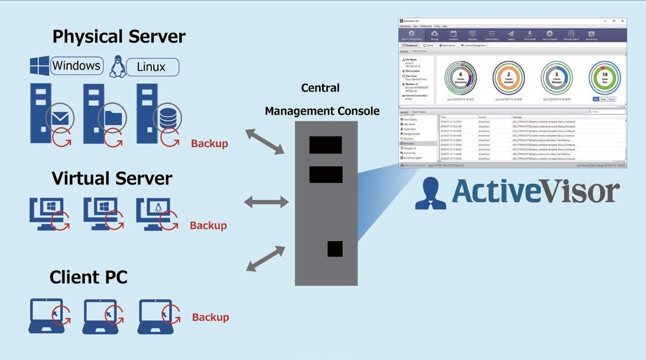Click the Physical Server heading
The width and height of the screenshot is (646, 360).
click(119, 37)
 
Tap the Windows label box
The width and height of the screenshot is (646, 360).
click(76, 66)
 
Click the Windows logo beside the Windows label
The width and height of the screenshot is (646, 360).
click(40, 66)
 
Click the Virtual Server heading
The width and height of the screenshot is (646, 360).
click(112, 179)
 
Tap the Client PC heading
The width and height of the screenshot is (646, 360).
click(89, 277)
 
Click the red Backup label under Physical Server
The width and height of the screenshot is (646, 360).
click(209, 144)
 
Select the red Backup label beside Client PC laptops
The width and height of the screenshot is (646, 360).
click(210, 317)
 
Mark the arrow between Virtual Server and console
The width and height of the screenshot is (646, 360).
click(266, 203)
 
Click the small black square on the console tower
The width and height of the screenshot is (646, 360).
click(335, 249)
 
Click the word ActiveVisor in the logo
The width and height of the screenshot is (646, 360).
click(535, 192)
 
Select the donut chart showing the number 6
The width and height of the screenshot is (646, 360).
click(460, 77)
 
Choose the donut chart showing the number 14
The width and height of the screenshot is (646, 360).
click(605, 77)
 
